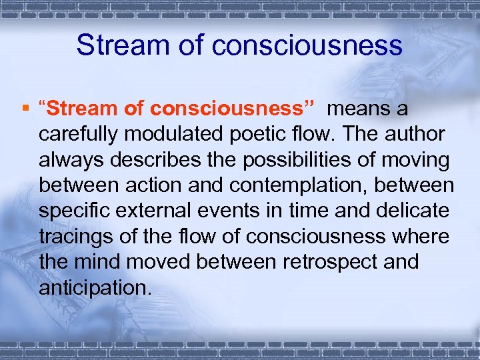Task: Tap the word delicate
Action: (414, 211)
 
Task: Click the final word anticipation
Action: (95, 288)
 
